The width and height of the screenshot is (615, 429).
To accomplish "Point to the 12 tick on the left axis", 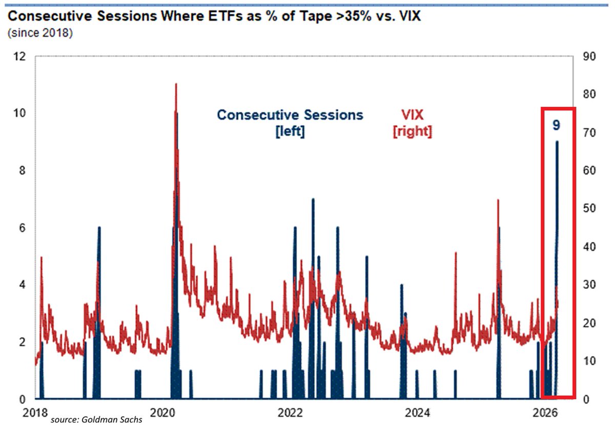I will [18, 56].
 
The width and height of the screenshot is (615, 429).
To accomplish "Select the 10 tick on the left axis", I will [18, 113].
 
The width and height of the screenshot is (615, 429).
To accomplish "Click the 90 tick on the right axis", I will [589, 56].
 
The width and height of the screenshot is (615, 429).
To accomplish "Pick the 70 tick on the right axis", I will [589, 132].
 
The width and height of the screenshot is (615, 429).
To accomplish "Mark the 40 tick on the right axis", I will [589, 246].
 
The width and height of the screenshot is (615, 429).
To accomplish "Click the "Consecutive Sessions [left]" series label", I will [290, 122].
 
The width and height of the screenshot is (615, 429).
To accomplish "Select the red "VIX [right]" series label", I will [412, 122].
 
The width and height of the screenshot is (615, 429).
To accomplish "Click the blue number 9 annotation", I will [556, 125].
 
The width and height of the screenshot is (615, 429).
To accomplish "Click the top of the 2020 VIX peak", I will [176, 84].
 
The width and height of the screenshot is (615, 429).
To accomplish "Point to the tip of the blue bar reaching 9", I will [557, 142].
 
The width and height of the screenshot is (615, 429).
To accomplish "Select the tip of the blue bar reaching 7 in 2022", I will [313, 200].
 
